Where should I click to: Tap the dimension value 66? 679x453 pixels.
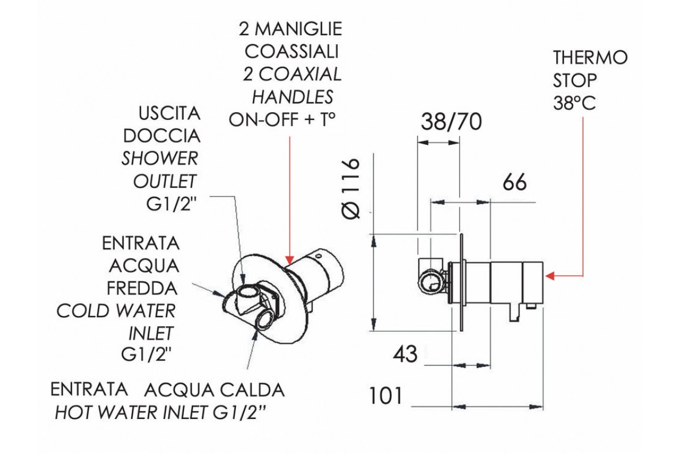tap(514, 182)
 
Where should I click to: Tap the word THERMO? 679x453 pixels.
tap(590, 57)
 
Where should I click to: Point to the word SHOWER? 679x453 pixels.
tap(160, 158)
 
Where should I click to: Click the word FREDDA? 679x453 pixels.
tap(142, 288)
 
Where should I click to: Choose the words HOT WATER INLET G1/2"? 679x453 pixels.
tap(160, 413)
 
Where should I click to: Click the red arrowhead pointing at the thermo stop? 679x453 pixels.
tap(550, 276)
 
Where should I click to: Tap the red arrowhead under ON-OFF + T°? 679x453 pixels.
tap(290, 259)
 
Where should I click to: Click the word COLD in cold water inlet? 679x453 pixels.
tap(79, 311)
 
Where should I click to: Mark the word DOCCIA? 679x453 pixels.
tap(162, 136)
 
